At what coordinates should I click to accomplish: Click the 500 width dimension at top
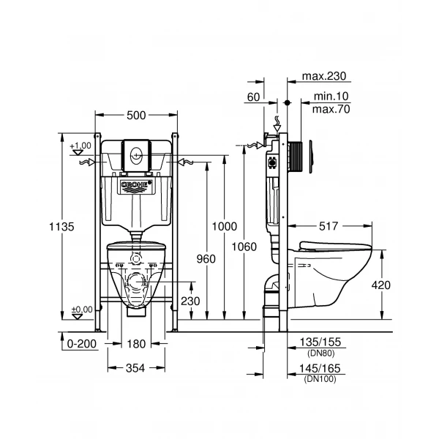click(x=137, y=115)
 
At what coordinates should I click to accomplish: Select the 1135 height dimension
click(x=64, y=227)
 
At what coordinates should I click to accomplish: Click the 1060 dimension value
click(x=244, y=247)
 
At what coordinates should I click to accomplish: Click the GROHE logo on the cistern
click(x=137, y=186)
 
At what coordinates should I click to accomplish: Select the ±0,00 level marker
click(x=82, y=310)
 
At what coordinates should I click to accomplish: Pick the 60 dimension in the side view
click(x=253, y=97)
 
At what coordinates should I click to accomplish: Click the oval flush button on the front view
click(x=137, y=154)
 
